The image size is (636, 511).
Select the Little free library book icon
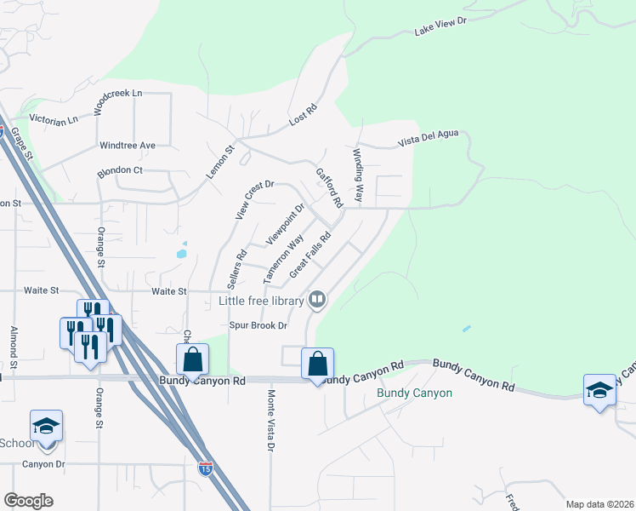(x=317, y=299)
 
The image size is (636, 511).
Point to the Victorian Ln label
(x=54, y=118)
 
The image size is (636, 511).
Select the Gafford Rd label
(x=328, y=187)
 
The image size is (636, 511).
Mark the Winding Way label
(x=359, y=176)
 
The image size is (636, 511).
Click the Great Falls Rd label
(x=309, y=255)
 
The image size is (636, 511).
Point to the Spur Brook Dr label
(x=258, y=325)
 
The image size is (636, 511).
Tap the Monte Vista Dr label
(x=271, y=421)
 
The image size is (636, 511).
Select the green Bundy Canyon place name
(x=414, y=393)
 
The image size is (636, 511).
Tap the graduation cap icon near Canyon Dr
(x=46, y=425)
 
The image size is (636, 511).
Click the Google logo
(x=28, y=501)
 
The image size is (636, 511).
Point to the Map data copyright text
(x=599, y=504)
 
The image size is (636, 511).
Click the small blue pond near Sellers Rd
(x=181, y=252)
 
